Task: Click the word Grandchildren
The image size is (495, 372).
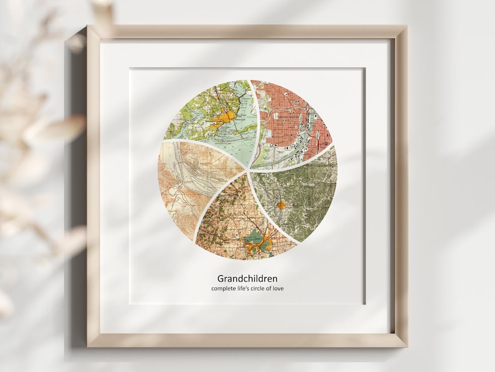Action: click(247, 278)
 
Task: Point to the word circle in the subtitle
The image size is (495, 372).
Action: click(267, 288)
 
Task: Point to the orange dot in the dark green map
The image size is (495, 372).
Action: click(281, 204)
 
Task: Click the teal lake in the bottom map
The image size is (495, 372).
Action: click(255, 238)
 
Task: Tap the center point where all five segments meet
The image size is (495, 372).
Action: click(249, 169)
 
